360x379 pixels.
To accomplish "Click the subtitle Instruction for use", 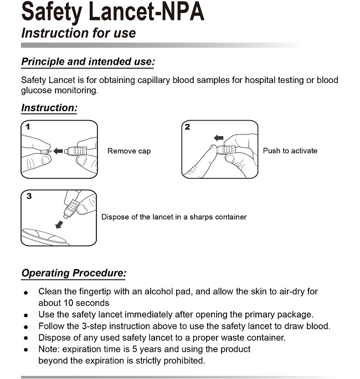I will [78, 33].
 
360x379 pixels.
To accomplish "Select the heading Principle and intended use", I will [88, 61].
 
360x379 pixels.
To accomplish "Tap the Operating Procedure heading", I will [74, 273].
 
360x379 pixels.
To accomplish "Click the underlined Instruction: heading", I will [49, 107].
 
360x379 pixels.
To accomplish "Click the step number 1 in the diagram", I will [28, 127].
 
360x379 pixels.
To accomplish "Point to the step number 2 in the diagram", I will [188, 127].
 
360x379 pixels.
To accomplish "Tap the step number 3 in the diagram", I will [29, 196].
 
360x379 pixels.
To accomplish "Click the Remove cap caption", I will [129, 151].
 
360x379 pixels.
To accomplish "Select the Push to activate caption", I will [290, 150].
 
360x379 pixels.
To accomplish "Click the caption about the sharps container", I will [174, 217].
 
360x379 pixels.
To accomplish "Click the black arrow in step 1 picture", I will [58, 150].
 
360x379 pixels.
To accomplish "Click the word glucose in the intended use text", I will [35, 91].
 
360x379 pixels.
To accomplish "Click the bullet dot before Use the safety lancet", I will [25, 315].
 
